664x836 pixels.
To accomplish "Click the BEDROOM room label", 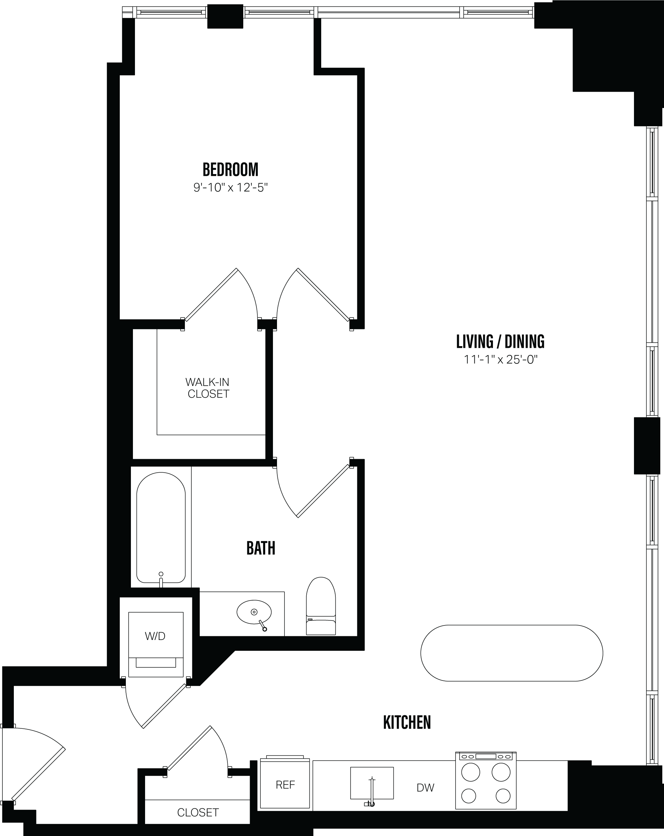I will point(230,170).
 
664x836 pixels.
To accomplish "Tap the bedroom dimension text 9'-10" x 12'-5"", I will point(231,188).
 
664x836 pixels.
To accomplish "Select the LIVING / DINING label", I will point(500,342).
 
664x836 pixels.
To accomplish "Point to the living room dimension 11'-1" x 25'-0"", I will point(500,360).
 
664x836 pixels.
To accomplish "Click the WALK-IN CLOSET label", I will point(208,388).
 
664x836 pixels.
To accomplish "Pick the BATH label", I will point(260,548).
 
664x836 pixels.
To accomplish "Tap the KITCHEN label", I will point(407,723).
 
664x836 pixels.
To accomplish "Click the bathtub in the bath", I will point(161,527).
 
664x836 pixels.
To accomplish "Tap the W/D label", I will point(155,636).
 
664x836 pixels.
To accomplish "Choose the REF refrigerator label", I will point(285,785).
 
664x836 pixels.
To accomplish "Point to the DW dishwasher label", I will point(425,788).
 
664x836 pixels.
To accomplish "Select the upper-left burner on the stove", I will point(470,772).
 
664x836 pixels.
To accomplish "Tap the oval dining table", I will point(511,653).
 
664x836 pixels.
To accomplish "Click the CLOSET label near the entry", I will point(198,813).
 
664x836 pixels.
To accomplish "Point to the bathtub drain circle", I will point(161,574).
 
